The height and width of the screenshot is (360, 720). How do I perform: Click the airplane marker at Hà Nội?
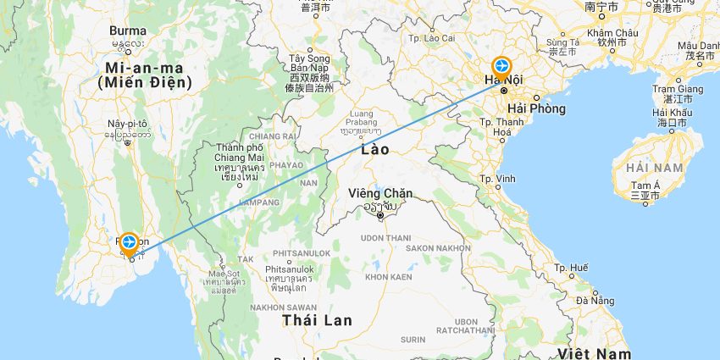click(501, 66)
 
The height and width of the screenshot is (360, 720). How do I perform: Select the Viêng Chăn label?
click(380, 194)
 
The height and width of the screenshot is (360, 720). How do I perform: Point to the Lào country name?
click(374, 149)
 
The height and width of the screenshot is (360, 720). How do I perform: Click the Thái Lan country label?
click(318, 319)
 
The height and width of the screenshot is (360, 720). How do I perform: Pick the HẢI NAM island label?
click(656, 168)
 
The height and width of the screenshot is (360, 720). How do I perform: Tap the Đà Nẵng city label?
click(595, 300)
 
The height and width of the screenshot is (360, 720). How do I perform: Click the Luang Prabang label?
click(362, 118)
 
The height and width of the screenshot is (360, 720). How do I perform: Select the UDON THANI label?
click(379, 239)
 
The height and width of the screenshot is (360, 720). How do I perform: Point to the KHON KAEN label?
click(388, 277)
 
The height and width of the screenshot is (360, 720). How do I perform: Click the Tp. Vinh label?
click(498, 179)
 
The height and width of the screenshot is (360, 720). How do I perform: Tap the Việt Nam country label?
click(595, 352)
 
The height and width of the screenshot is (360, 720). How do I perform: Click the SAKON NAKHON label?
click(437, 248)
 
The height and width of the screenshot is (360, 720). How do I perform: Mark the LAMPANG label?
click(259, 202)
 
